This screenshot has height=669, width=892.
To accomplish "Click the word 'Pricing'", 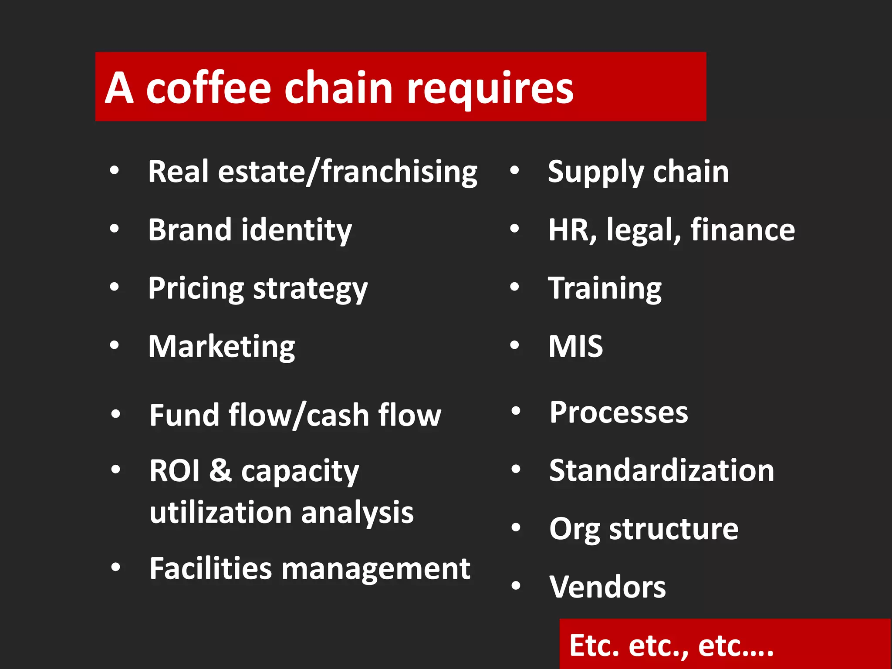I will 196,289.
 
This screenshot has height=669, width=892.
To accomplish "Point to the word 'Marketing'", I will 221,347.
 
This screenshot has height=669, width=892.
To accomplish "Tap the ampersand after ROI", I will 220,470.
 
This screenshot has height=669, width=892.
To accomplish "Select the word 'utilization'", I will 220,512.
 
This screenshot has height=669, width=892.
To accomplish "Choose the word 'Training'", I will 605,289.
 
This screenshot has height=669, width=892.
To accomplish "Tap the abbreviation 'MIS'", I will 575,347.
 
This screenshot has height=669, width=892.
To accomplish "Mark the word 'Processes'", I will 618,412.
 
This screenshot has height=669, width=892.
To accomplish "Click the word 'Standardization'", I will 661,470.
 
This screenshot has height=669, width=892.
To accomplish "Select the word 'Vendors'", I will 607,587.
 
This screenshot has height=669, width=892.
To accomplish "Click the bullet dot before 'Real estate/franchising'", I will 115,170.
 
